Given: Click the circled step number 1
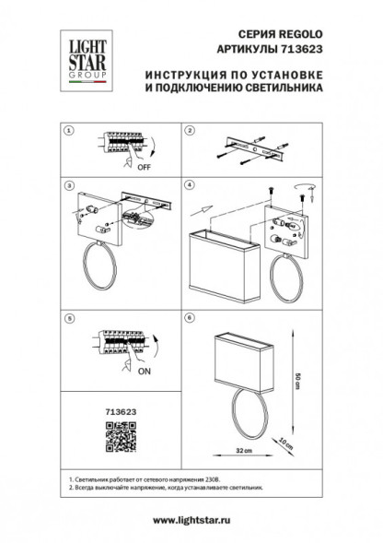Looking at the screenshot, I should [x=67, y=131].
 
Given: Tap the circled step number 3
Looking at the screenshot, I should [x=67, y=186].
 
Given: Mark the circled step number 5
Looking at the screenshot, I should [x=67, y=318].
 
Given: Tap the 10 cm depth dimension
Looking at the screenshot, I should [x=287, y=443].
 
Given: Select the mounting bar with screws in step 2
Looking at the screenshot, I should [x=257, y=148].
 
